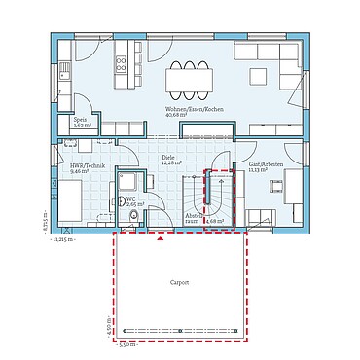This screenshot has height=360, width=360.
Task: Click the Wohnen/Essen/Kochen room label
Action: [x=195, y=110]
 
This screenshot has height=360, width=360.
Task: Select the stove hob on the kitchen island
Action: [x=123, y=65]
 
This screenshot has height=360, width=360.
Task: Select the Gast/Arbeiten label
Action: [x=266, y=164]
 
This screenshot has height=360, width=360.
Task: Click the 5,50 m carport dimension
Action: [x=126, y=344]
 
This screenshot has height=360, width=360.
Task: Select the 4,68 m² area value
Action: [x=215, y=221]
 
